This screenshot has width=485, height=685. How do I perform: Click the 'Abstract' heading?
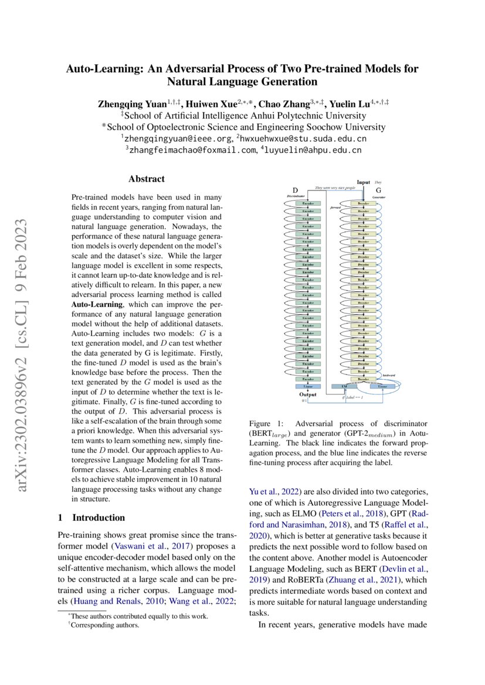coord(147,179)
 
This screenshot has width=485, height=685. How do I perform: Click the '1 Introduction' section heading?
coord(91,517)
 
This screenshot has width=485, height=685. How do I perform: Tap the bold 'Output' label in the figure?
coord(308,394)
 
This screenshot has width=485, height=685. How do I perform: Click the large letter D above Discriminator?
coord(296,190)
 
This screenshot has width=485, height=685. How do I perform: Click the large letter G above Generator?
coord(378,190)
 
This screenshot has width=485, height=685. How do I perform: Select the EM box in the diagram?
coord(344,387)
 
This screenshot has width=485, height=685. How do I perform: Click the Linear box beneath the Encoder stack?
coord(308,387)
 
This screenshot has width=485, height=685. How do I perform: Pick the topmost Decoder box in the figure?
coord(364,203)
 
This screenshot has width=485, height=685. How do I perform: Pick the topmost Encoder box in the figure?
coord(308,203)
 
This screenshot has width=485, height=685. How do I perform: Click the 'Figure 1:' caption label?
coord(267,423)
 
